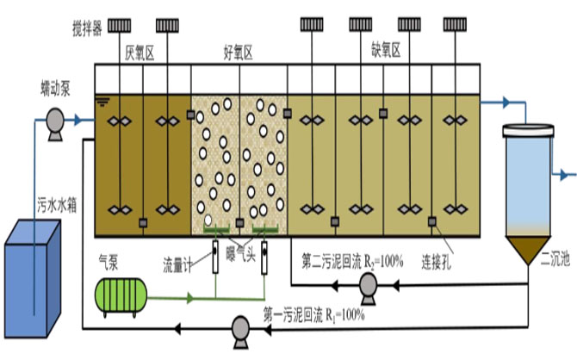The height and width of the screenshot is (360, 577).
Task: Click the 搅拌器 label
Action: [87, 28]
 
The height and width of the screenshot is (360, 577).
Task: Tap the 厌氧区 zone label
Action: [140, 53]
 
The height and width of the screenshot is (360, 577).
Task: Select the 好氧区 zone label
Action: [239, 53]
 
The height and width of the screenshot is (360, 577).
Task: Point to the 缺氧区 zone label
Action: [386, 50]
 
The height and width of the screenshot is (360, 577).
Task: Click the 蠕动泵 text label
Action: [55, 90]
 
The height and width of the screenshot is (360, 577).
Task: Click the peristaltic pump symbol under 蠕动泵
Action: [55, 123]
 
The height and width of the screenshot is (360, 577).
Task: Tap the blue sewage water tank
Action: [33, 278]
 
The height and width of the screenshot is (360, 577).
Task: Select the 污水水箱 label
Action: [57, 205]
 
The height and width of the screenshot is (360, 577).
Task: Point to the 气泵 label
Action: [109, 262]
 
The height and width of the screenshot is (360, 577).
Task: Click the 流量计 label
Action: [177, 265]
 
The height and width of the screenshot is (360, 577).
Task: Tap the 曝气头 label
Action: [240, 253]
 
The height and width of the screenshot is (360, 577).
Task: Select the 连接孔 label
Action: [437, 262]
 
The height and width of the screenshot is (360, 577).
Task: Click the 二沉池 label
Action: [555, 259]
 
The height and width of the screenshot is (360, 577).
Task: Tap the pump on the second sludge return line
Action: [368, 288]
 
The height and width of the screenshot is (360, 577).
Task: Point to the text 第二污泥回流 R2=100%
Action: [352, 262]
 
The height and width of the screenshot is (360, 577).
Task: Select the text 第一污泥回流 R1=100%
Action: [313, 316]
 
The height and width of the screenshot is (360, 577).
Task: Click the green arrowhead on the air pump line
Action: [189, 298]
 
